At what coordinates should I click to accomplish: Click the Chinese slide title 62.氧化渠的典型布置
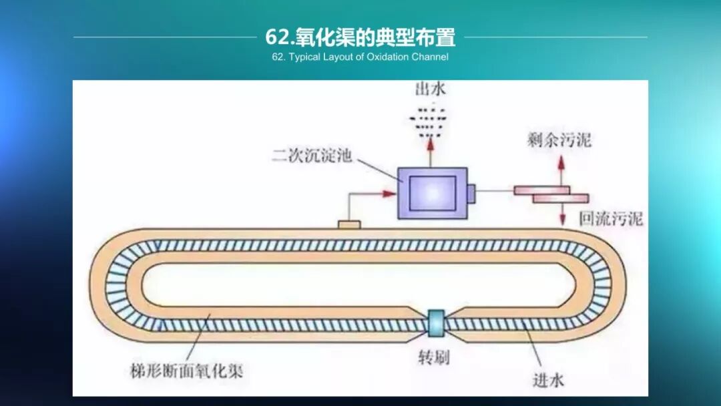(x=360, y=37)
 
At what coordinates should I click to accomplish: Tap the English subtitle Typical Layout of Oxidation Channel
(x=360, y=57)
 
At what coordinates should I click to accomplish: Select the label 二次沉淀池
(x=311, y=157)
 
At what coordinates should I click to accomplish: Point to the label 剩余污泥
(x=558, y=141)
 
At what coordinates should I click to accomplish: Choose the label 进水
(x=549, y=379)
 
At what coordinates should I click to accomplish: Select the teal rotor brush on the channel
(x=437, y=323)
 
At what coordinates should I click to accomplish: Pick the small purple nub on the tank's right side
(x=471, y=193)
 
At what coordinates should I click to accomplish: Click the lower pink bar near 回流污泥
(x=561, y=198)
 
